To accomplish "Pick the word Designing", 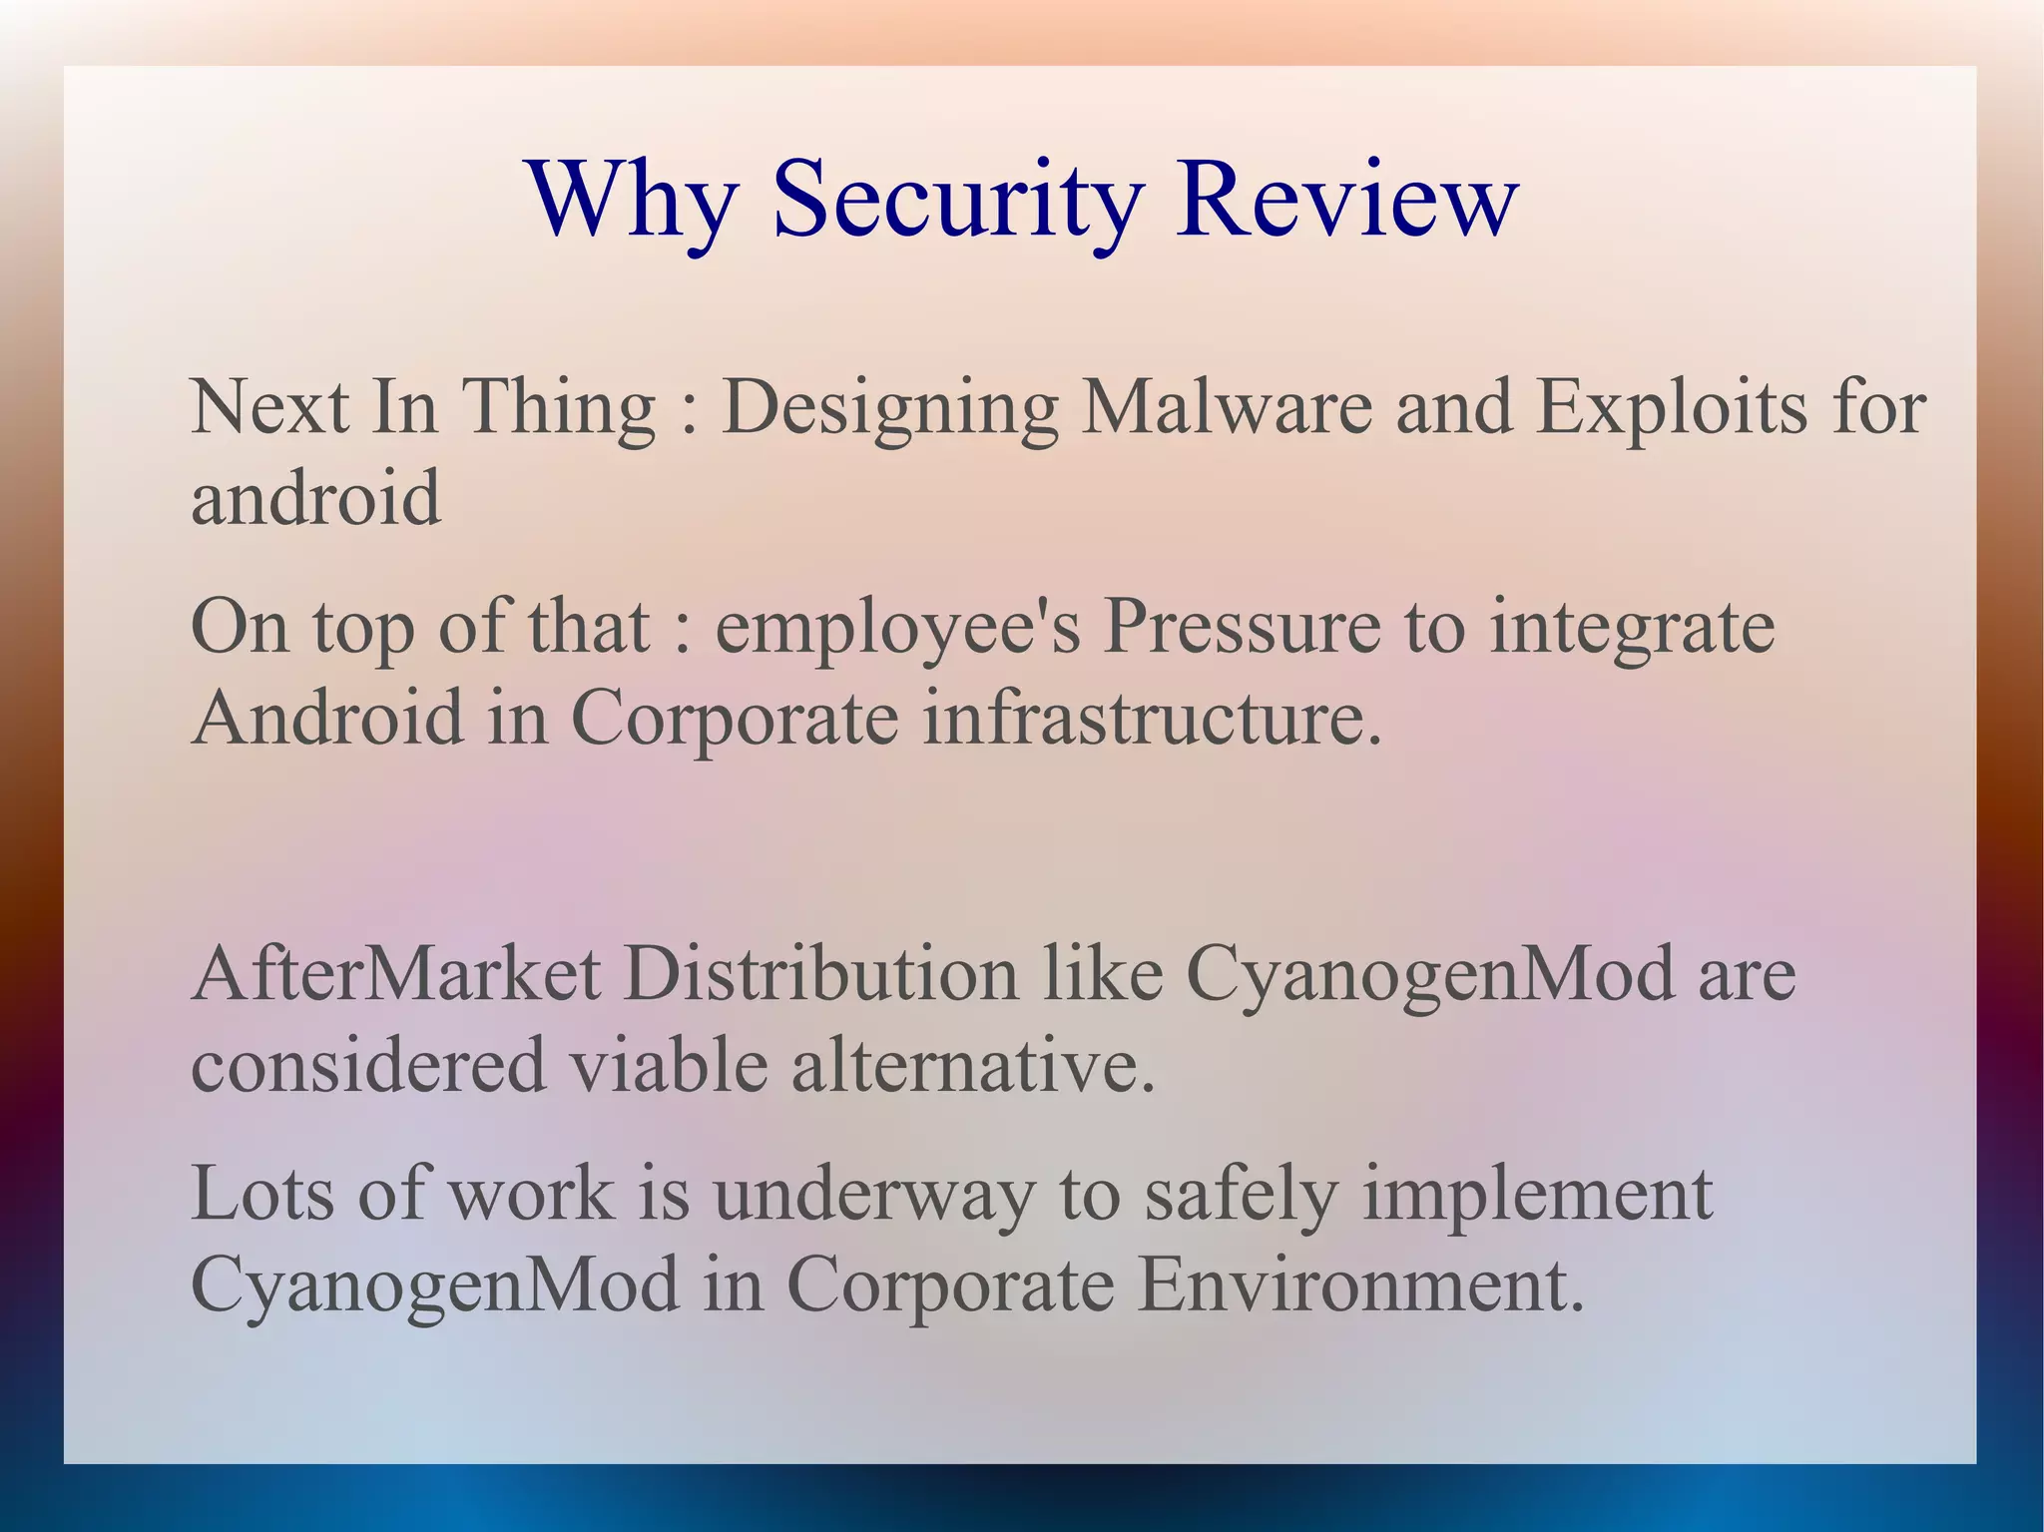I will (889, 409).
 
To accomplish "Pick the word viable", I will (669, 1065).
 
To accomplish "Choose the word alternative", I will (973, 1065).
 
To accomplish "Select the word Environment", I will (1360, 1284).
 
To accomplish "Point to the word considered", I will (368, 1065).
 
